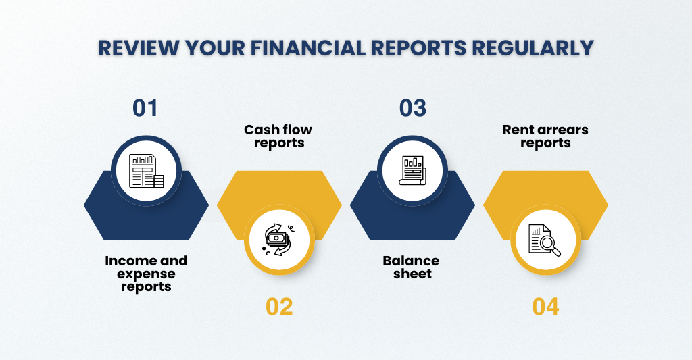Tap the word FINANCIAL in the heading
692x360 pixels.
coord(308,48)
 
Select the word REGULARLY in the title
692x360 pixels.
coord(533,48)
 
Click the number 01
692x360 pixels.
coord(145,108)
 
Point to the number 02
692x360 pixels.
coord(279,307)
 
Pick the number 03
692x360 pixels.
coord(413,108)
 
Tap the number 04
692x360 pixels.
coord(545,307)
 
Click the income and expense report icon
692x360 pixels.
coord(146,171)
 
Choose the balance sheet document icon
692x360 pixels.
coord(413,170)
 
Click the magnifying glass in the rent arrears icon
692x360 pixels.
coord(550,246)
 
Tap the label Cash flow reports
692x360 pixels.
coord(278,136)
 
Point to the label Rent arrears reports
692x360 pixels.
coord(545,136)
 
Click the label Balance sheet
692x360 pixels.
coord(412,267)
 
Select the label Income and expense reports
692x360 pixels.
coord(146,274)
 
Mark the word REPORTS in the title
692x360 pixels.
coord(419,48)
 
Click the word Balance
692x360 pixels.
coord(412,261)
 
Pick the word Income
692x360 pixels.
coord(125,261)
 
